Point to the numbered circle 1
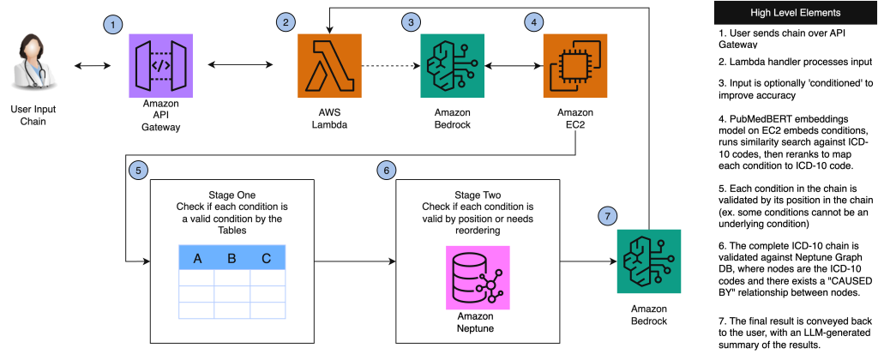click(112, 25)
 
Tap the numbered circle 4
click(535, 21)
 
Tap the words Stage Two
click(478, 195)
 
